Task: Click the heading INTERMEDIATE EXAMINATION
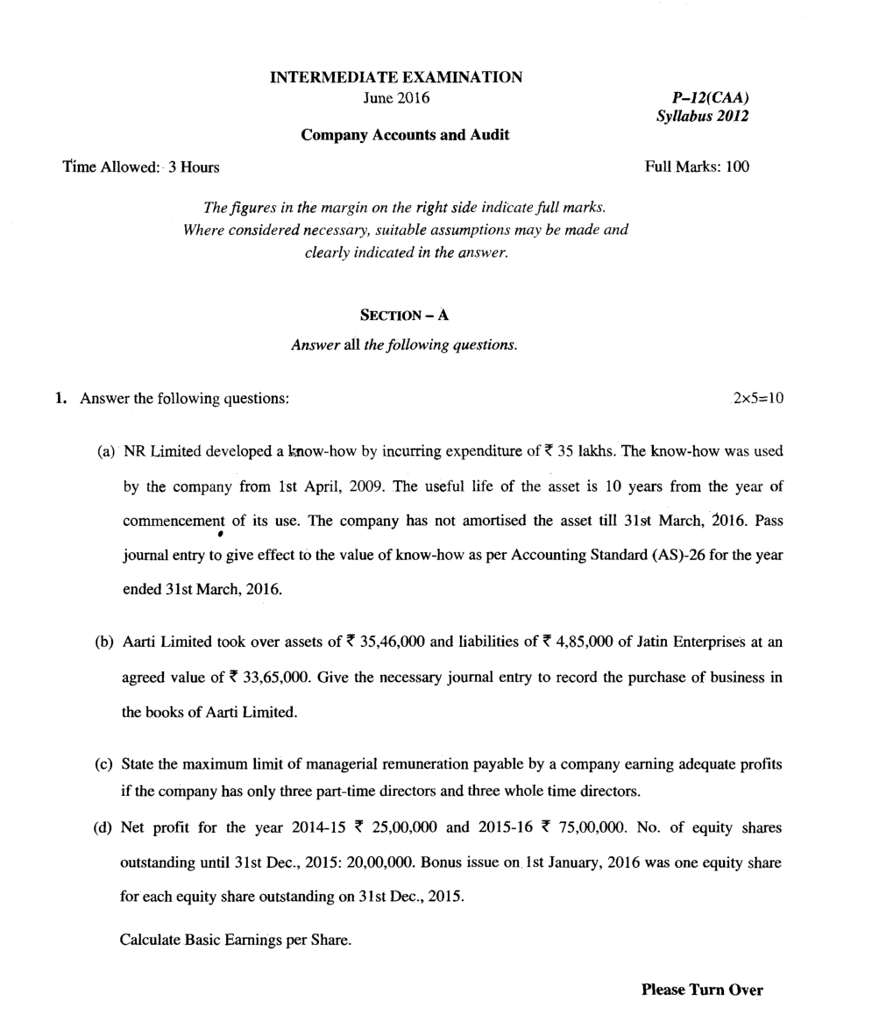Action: pyautogui.click(x=396, y=77)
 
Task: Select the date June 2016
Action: pyautogui.click(x=396, y=97)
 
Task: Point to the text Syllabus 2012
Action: pyautogui.click(x=702, y=117)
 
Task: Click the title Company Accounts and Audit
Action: pyautogui.click(x=405, y=135)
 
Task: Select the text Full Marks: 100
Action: pyautogui.click(x=697, y=167)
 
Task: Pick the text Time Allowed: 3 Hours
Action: pyautogui.click(x=141, y=167)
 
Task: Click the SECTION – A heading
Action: pyautogui.click(x=404, y=316)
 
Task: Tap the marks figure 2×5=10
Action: pyautogui.click(x=758, y=399)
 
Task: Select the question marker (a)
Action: pyautogui.click(x=105, y=451)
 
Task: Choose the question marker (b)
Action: pyautogui.click(x=104, y=642)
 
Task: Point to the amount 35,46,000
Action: pyautogui.click(x=393, y=642)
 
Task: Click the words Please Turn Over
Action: pyautogui.click(x=702, y=990)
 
